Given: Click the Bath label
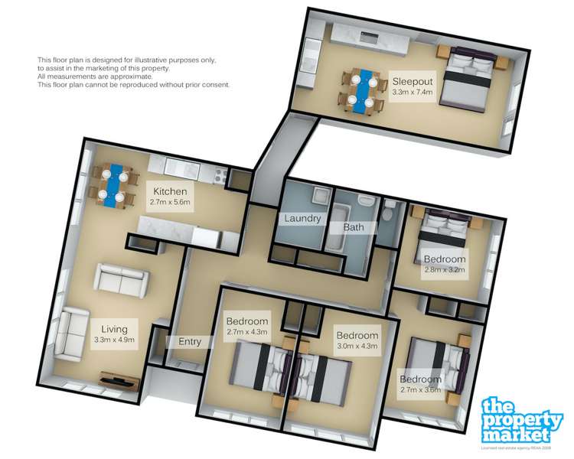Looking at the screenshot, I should tap(354, 227).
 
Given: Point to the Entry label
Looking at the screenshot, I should tap(189, 341).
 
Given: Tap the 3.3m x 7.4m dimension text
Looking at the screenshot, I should tap(413, 93).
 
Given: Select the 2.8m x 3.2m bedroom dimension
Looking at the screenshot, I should tap(445, 269).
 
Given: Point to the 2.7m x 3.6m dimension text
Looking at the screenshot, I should tap(420, 390).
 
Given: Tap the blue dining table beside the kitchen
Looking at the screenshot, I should tap(113, 184).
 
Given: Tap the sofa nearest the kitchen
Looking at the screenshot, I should tap(119, 279).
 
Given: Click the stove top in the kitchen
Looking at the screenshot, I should tap(217, 174).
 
